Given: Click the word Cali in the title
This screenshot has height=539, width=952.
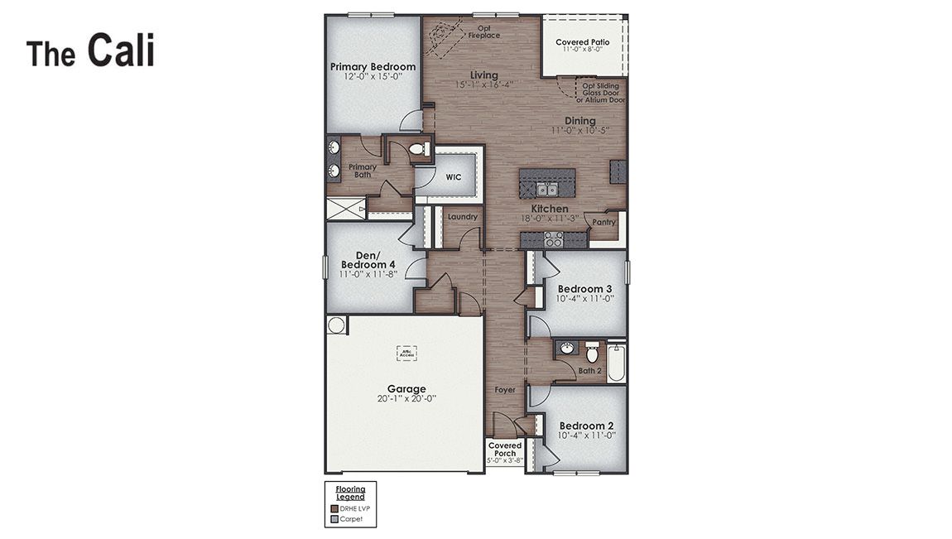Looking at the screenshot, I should [x=121, y=51].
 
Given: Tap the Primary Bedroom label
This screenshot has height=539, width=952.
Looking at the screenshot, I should [x=373, y=67].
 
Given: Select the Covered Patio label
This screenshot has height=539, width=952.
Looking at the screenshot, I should [x=583, y=42].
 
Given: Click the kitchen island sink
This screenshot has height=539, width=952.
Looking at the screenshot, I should [x=546, y=190].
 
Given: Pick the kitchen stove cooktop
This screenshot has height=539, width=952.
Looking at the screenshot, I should [x=554, y=239].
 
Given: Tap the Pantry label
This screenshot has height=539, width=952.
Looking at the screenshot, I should [x=604, y=222].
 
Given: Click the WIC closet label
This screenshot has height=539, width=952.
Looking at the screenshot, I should [x=453, y=177].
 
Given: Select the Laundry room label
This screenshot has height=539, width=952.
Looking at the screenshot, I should [x=463, y=217].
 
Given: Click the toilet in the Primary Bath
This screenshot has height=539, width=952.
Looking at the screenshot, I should [x=418, y=150].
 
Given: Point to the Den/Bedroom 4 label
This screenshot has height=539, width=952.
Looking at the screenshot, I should [x=368, y=260].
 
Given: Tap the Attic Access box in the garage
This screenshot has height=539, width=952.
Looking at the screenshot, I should [x=406, y=353].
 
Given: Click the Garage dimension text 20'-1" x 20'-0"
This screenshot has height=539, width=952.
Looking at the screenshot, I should [x=406, y=398].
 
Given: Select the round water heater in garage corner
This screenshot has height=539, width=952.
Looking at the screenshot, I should [x=336, y=325].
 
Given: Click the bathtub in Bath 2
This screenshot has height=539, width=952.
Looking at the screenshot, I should [x=616, y=363].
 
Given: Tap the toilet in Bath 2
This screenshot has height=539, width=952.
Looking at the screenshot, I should [x=592, y=351].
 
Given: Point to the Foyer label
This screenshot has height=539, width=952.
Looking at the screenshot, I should [x=505, y=389].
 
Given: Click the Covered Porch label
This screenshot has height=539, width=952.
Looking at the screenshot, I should [x=505, y=450].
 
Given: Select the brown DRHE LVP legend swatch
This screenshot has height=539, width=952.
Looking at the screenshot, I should [x=334, y=508].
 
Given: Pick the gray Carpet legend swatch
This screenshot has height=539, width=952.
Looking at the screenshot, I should [x=334, y=519].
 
